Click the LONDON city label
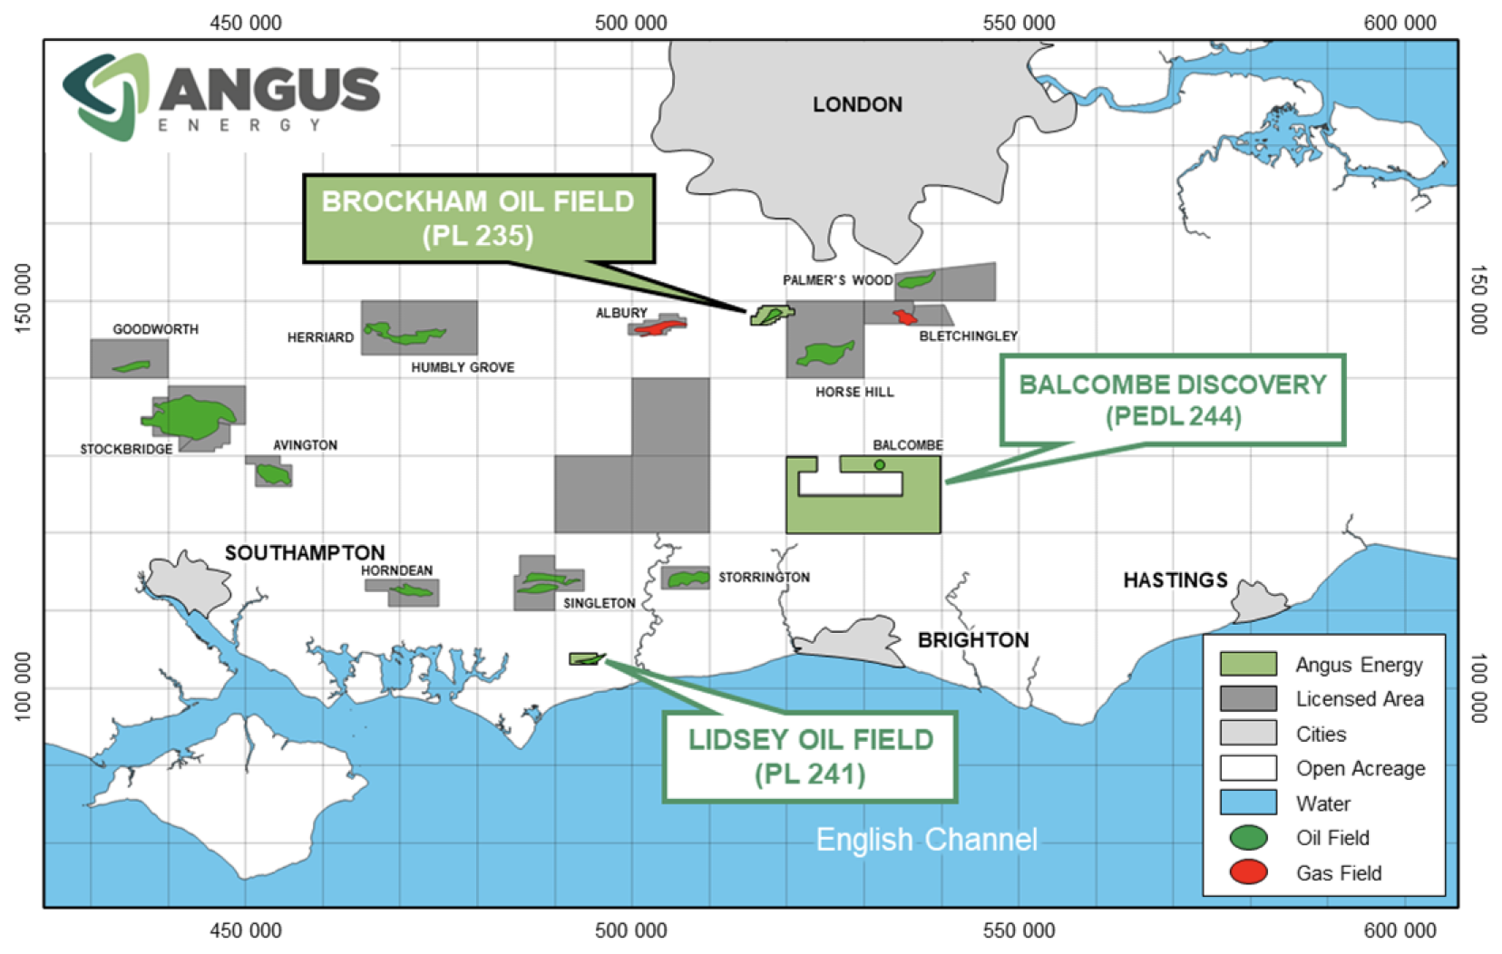point(857,105)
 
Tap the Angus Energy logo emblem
point(105,96)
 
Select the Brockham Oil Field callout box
point(478,219)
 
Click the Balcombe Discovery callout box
point(1172,400)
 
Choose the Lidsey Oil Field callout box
point(810,756)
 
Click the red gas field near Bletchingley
point(904,316)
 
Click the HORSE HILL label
point(854,392)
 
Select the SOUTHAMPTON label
point(305,552)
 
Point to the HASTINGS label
point(1175,580)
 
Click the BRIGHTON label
point(973,640)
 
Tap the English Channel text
point(926,840)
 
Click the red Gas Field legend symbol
point(1248,872)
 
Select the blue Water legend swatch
point(1248,803)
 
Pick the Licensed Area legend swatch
point(1248,699)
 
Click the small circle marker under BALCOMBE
point(879,465)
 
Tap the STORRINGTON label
point(764,578)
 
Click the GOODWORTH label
point(155,329)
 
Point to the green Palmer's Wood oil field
point(916,280)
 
